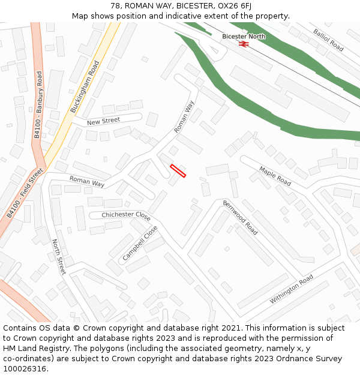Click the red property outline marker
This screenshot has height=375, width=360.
[178, 171]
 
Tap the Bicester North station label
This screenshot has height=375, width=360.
[244, 37]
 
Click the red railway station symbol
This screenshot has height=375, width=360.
[244, 44]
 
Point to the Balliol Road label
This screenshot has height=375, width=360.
[328, 39]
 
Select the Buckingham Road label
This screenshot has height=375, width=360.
[85, 86]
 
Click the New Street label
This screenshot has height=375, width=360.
[103, 121]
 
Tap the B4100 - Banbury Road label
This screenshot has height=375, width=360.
[38, 105]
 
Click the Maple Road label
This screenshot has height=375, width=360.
[275, 175]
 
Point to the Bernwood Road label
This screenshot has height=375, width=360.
[240, 217]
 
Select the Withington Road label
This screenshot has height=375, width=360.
[291, 289]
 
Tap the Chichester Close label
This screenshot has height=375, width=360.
[126, 215]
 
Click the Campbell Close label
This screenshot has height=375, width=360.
[140, 243]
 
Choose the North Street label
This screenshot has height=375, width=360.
[58, 257]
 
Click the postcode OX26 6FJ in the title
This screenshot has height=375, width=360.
[232, 6]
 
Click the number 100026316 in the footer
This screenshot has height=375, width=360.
[25, 368]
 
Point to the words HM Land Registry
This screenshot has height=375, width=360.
[35, 348]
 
